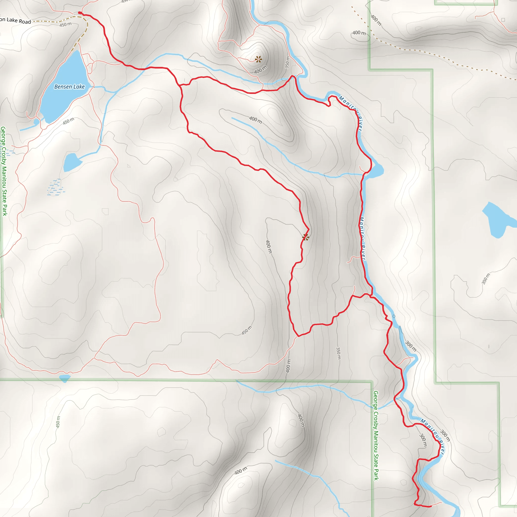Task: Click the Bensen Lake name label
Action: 69,87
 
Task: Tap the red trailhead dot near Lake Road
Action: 80,13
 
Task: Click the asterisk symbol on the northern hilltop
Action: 258,59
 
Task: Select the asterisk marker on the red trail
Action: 306,237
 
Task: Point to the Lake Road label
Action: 16,20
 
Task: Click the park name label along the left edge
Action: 4,171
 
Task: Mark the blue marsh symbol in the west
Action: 56,187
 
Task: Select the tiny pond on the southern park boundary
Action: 64,378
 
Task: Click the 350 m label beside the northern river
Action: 287,62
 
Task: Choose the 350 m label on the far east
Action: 486,279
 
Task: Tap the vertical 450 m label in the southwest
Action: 58,422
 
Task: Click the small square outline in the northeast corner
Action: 503,20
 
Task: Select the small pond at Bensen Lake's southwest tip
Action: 36,122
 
